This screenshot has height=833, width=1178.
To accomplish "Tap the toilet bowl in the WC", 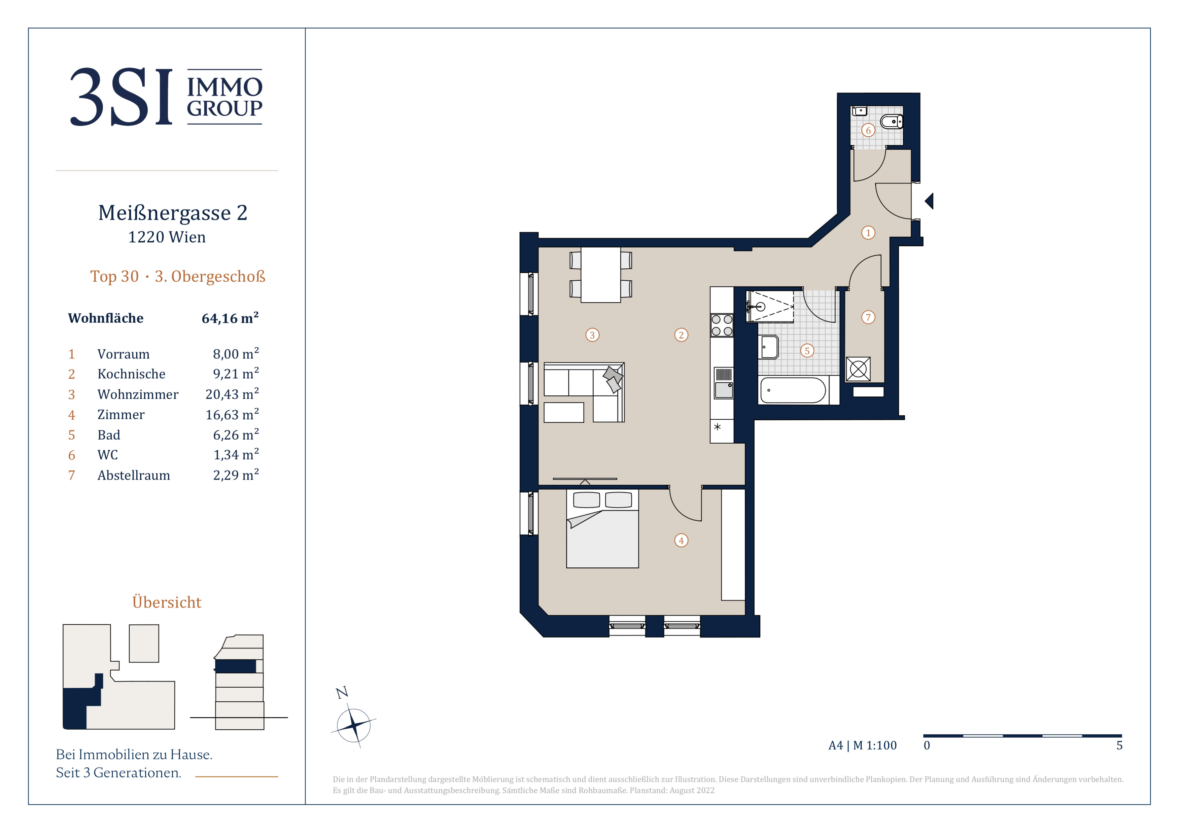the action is pyautogui.click(x=892, y=122).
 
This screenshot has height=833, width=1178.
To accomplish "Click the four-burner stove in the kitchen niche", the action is pyautogui.click(x=722, y=325).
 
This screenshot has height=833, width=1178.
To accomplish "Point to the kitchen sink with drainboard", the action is pyautogui.click(x=724, y=383).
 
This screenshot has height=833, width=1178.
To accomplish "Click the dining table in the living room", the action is pyautogui.click(x=601, y=275).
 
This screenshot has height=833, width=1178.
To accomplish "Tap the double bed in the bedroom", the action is pyautogui.click(x=602, y=529).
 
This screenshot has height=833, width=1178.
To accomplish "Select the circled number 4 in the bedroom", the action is pyautogui.click(x=681, y=540).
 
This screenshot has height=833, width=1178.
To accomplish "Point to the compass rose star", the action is pyautogui.click(x=353, y=725).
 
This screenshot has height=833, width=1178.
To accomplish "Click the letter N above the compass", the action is pyautogui.click(x=342, y=692).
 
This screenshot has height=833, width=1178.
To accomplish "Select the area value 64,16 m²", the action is pyautogui.click(x=230, y=318).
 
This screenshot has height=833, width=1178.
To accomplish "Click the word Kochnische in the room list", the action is pyautogui.click(x=131, y=374).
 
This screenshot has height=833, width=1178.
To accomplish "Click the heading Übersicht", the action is pyautogui.click(x=167, y=602).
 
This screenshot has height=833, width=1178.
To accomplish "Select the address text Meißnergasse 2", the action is pyautogui.click(x=173, y=213).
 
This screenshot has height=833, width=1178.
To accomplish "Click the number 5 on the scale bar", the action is pyautogui.click(x=1119, y=745).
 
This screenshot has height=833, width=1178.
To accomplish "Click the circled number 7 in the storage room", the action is pyautogui.click(x=868, y=317).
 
